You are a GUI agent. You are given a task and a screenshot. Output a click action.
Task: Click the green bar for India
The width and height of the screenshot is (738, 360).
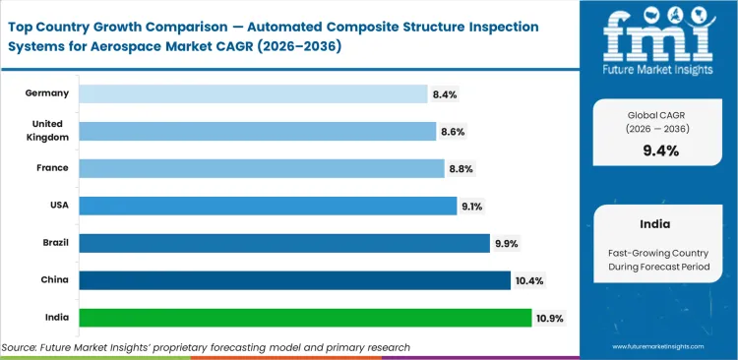[305, 318]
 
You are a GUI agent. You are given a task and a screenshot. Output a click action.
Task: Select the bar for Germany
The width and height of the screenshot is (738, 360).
[253, 93]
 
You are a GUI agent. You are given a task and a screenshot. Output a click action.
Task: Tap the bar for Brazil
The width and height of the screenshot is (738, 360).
[283, 243]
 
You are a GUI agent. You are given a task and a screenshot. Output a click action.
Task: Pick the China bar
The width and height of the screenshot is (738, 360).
[294, 280]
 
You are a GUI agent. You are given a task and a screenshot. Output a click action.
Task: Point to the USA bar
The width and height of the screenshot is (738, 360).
[268, 206]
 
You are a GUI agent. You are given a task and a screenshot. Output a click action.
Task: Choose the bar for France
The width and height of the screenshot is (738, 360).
[261, 168]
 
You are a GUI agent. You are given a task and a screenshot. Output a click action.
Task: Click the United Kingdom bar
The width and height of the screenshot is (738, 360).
[257, 131]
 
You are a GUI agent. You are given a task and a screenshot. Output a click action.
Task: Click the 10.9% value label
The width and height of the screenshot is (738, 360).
[551, 318]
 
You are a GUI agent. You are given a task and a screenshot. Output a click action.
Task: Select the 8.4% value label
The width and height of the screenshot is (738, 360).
[444, 93]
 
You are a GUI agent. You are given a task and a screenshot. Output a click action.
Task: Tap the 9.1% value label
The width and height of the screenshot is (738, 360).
[472, 206]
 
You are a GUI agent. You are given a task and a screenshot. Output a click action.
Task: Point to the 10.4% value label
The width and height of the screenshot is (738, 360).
[528, 280]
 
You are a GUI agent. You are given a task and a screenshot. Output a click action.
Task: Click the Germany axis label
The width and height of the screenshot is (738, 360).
[47, 93]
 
